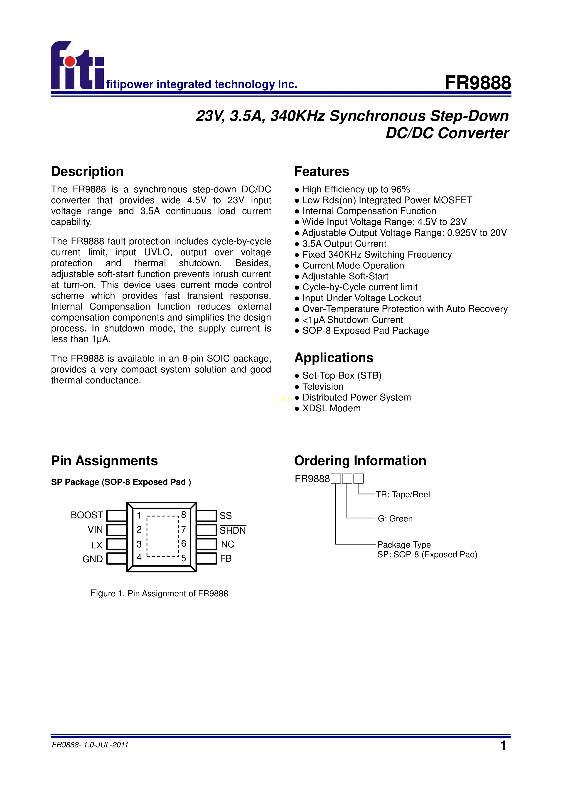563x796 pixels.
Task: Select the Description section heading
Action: (87, 172)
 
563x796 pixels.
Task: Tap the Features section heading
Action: (321, 172)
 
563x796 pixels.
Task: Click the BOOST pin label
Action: (87, 515)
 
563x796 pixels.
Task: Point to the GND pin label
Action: (93, 559)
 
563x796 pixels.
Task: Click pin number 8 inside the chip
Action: (183, 515)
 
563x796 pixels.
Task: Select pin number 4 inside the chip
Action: (139, 557)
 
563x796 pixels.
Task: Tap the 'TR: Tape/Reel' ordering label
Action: (403, 494)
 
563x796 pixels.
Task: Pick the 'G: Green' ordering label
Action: (395, 519)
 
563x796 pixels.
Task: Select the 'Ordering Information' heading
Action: (360, 461)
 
